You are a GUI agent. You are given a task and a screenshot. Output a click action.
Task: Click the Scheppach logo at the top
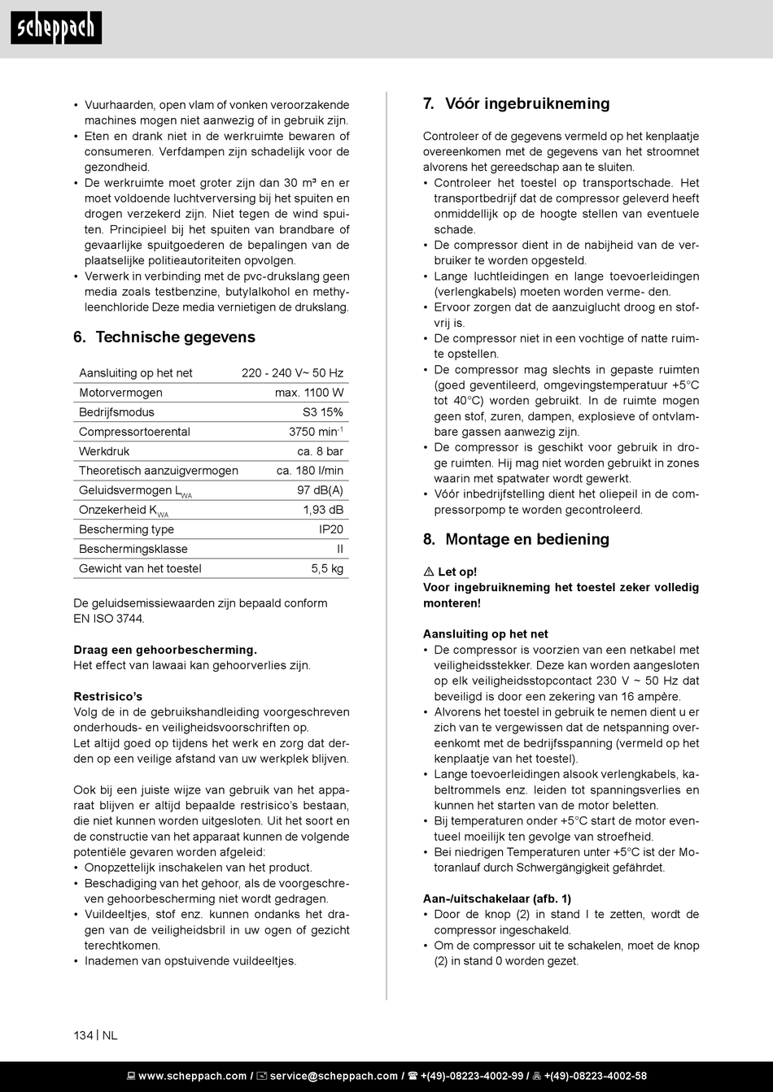click(x=56, y=28)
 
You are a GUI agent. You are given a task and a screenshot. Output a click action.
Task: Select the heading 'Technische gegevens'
click(x=175, y=337)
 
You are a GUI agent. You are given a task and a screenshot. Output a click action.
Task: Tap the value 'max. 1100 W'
click(x=309, y=393)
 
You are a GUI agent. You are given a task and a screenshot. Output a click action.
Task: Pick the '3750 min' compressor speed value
click(x=315, y=432)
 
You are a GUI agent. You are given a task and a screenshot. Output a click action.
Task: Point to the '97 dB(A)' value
click(x=320, y=490)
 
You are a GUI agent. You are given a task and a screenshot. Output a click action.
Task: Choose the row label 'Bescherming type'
click(x=126, y=529)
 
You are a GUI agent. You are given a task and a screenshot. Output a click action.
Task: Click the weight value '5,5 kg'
click(x=327, y=568)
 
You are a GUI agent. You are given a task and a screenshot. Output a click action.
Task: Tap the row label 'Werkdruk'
click(x=104, y=451)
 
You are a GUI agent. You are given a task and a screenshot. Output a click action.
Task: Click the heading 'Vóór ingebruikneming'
click(x=526, y=104)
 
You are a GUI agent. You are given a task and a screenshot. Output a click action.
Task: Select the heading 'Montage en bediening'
click(x=526, y=540)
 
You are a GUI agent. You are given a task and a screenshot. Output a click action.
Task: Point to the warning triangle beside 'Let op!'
click(x=428, y=572)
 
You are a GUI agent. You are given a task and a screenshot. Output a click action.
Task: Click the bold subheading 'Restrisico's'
click(x=107, y=697)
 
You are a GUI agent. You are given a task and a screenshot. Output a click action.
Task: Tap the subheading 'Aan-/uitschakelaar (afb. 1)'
click(x=496, y=898)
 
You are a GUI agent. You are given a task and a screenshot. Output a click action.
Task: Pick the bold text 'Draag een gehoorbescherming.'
click(x=165, y=650)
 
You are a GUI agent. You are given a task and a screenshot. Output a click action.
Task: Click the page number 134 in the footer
click(x=83, y=1035)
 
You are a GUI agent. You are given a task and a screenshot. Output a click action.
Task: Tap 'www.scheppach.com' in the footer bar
click(x=192, y=1076)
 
